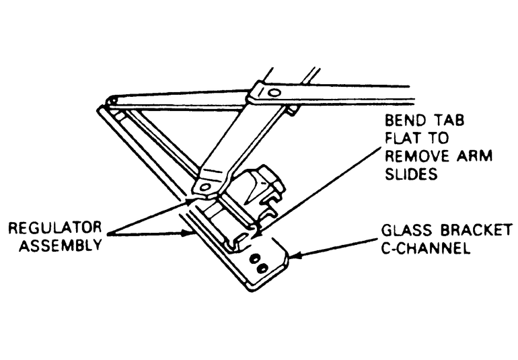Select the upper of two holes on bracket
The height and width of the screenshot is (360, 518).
pos(255,258)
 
